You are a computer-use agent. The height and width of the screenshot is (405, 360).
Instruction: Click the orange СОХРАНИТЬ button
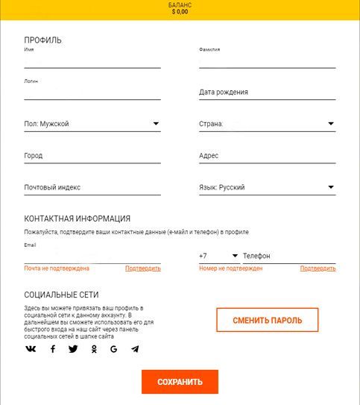coord(180,382)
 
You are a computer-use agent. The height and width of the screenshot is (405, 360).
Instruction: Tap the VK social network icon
coord(31,349)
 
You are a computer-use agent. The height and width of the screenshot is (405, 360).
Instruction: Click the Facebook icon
coord(52,349)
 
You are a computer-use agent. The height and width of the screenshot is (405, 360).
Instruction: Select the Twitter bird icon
coord(73,349)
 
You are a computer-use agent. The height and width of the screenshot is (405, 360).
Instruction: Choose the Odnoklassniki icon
coord(94,349)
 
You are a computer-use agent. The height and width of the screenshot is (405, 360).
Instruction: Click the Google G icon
coord(114,349)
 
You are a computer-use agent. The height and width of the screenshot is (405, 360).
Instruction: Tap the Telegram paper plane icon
coord(135,349)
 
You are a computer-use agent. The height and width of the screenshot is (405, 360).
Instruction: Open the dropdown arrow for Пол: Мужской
coord(156,124)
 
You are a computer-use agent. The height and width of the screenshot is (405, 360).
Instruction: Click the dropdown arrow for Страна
coord(330,124)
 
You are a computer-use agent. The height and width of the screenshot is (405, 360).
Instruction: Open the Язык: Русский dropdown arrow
coord(330,187)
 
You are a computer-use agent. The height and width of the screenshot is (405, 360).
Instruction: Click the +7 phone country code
coord(203,256)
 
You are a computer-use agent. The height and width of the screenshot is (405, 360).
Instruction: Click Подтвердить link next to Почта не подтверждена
coord(142,268)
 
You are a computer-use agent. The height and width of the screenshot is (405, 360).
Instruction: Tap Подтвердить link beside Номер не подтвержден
coord(318,268)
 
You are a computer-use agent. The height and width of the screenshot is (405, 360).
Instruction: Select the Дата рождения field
coord(267,92)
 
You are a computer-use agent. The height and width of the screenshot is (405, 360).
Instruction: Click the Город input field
coord(92,156)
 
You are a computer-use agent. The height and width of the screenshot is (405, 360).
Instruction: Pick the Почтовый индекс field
coord(92,187)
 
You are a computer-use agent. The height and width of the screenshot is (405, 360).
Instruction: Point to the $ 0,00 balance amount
coord(180,12)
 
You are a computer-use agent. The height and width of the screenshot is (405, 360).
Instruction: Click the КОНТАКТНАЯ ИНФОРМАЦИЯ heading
coord(78,219)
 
